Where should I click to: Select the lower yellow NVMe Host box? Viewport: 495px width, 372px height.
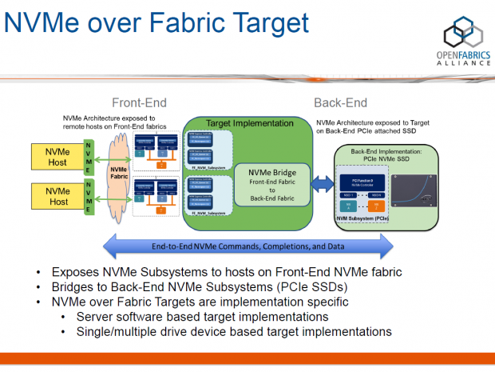[56, 196]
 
